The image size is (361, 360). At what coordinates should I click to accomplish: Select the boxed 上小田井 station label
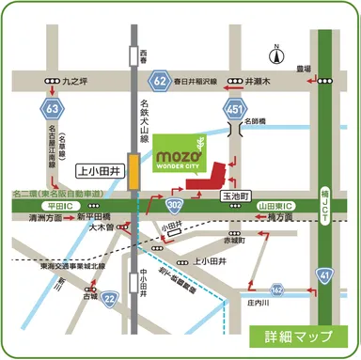tap(97, 171)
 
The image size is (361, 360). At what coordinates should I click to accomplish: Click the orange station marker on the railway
tap(134, 173)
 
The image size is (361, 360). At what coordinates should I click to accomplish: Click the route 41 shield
tap(324, 274)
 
